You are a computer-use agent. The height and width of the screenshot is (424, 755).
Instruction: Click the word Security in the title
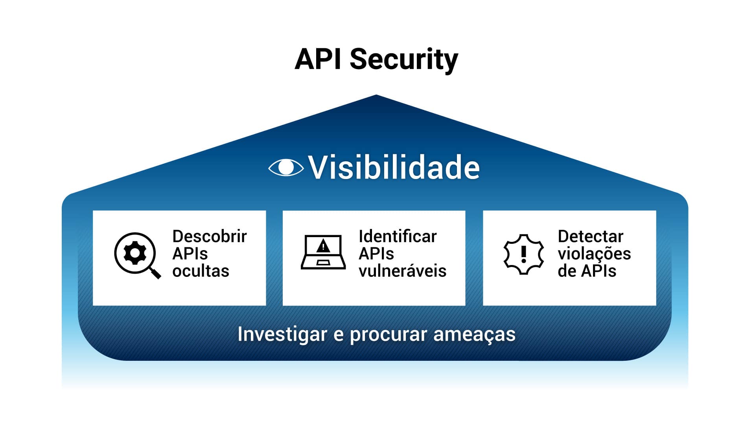(x=404, y=60)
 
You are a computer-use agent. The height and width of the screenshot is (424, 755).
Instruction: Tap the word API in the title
(x=318, y=60)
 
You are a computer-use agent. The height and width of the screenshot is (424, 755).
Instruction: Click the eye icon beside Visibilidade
(x=286, y=168)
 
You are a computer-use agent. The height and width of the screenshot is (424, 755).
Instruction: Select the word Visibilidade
(x=394, y=168)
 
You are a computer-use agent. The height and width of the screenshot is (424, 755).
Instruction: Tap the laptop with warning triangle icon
(x=323, y=252)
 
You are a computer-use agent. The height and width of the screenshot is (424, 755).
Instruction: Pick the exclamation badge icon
(x=523, y=254)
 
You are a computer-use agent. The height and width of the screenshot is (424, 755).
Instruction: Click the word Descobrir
(x=210, y=236)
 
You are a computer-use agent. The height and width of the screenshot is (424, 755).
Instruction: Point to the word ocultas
(x=201, y=271)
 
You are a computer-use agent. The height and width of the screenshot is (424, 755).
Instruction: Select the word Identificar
(x=398, y=236)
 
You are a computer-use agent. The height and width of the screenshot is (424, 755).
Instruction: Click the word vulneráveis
(x=402, y=271)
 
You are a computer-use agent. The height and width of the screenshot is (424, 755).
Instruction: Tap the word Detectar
(x=590, y=236)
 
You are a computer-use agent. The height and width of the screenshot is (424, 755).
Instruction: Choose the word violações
(x=594, y=254)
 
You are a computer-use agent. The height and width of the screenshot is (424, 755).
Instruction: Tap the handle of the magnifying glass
(x=156, y=273)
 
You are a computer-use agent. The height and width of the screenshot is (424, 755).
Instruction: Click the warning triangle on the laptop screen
(x=323, y=246)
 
